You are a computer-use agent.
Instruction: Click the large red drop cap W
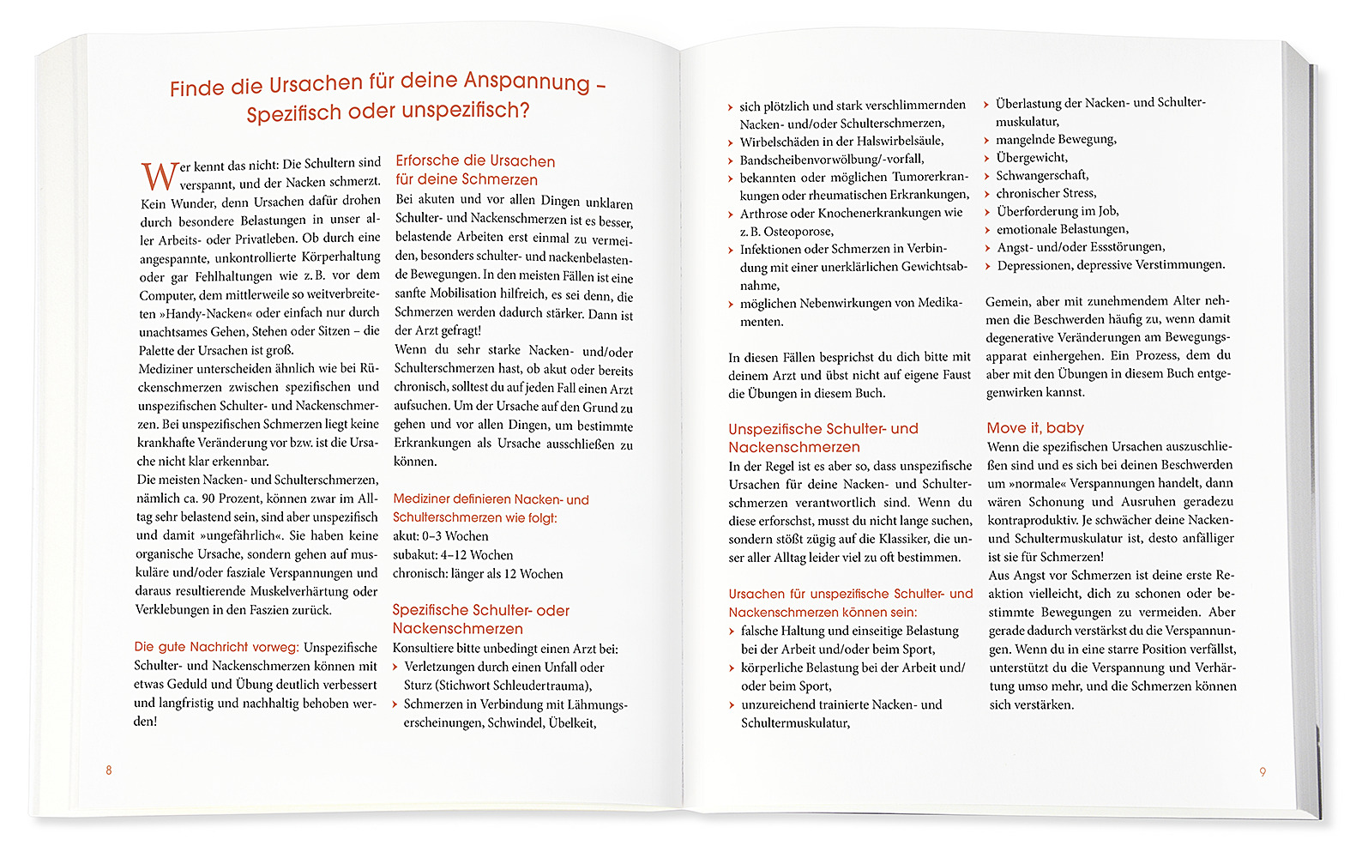tap(160, 176)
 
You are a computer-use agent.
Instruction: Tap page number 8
tap(109, 770)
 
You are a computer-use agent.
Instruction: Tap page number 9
tap(1263, 772)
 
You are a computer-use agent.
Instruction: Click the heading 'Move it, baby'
tap(1035, 427)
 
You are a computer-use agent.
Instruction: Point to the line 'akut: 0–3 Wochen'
tap(441, 536)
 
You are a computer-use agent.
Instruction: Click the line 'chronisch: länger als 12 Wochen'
tap(478, 574)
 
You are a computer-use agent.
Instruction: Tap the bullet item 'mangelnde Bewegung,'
tap(1056, 139)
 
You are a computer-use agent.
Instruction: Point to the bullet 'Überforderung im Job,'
tap(1058, 211)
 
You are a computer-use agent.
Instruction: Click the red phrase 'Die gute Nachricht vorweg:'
tap(216, 647)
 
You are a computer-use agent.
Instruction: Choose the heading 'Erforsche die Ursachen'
tap(475, 161)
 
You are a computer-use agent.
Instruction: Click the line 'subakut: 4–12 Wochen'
tap(453, 555)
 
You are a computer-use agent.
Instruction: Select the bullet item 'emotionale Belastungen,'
tap(1062, 229)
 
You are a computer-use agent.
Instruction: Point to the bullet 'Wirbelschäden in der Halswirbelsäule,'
tap(841, 141)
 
